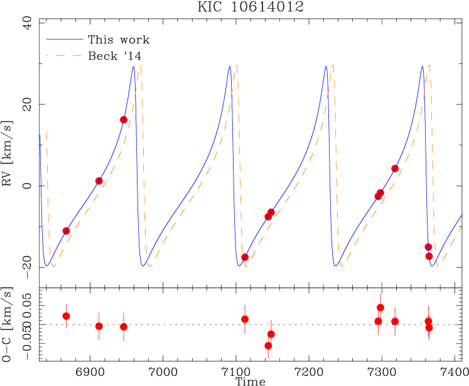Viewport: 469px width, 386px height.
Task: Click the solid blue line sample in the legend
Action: click(64, 39)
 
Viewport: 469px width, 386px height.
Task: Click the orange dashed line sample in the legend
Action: click(64, 55)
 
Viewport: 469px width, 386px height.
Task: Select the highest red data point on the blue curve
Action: click(124, 119)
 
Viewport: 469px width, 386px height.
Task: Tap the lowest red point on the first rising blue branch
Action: click(66, 231)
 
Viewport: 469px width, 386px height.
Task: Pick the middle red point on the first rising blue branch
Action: click(99, 180)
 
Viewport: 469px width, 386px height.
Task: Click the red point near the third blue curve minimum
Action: click(244, 256)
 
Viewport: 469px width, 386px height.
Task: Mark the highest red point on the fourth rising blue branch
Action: click(395, 168)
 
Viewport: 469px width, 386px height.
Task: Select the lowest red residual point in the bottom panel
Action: click(268, 345)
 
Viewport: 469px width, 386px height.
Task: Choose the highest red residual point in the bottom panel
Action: click(380, 307)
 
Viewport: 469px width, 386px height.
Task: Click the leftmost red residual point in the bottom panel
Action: click(66, 316)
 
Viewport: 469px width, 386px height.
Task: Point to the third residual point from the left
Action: click(124, 326)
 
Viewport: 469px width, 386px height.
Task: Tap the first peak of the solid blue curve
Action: click(133, 67)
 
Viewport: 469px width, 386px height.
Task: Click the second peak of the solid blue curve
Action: click(230, 65)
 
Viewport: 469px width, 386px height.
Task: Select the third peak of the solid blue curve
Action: click(326, 67)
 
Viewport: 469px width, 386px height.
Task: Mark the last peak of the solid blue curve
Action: click(423, 66)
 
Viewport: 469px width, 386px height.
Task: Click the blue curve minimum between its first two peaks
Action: click(143, 265)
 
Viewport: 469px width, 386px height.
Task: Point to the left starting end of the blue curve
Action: click(41, 135)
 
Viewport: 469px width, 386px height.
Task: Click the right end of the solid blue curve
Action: click(461, 216)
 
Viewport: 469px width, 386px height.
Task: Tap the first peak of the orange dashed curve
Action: click(139, 66)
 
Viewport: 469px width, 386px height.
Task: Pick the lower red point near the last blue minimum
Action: click(429, 256)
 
